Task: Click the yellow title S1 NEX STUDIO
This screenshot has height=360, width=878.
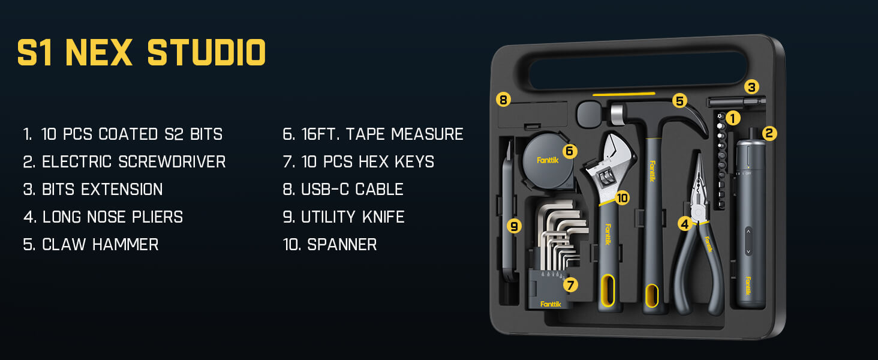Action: pyautogui.click(x=142, y=53)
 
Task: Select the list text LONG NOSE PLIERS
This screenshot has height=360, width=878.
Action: pyautogui.click(x=103, y=217)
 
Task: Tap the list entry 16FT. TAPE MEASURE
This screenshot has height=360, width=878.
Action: pyautogui.click(x=373, y=134)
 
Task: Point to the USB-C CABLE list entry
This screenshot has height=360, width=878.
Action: pyautogui.click(x=343, y=189)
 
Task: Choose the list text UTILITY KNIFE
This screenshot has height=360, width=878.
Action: pyautogui.click(x=344, y=217)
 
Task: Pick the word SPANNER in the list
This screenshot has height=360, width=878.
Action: pyautogui.click(x=342, y=244)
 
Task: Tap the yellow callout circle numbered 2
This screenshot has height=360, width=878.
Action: pyautogui.click(x=769, y=133)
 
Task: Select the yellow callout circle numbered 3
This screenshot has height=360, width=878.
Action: pyautogui.click(x=751, y=86)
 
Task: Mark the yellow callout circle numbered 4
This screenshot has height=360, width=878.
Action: pyautogui.click(x=685, y=224)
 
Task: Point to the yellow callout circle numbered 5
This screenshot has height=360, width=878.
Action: pyautogui.click(x=679, y=101)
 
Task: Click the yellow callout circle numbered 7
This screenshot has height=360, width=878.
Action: pyautogui.click(x=570, y=284)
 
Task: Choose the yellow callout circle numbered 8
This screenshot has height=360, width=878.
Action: pyautogui.click(x=504, y=100)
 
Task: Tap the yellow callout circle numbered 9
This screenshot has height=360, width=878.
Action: pyautogui.click(x=513, y=226)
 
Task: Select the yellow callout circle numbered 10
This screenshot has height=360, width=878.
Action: pyautogui.click(x=622, y=197)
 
